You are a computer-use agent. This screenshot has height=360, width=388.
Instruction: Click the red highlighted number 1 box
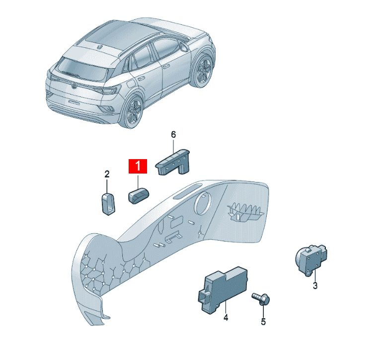(x=138, y=166)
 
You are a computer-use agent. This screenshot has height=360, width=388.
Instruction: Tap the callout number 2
(x=107, y=175)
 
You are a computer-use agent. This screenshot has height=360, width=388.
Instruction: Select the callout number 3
(x=315, y=285)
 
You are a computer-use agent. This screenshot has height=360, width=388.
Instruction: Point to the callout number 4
(x=226, y=317)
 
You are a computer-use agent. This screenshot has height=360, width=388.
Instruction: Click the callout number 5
(x=263, y=321)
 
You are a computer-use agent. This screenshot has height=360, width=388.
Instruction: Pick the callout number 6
(x=173, y=135)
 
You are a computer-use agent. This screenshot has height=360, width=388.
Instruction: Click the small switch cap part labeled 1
(x=138, y=196)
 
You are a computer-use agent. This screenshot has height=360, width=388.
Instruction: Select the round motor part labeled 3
(x=311, y=260)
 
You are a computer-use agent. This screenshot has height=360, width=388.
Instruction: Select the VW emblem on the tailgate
(x=74, y=86)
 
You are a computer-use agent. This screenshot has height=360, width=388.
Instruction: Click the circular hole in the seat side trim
(x=203, y=203)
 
